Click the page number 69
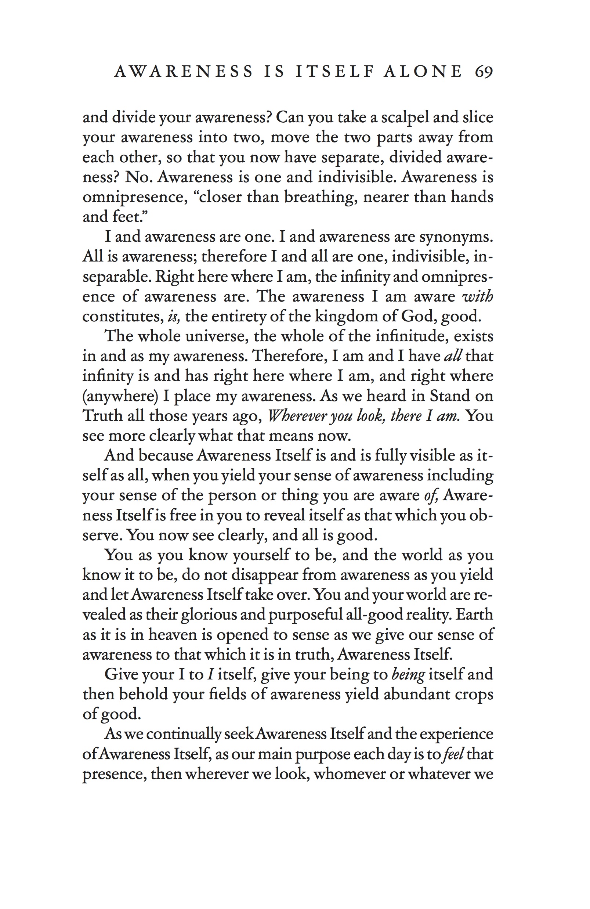click(x=484, y=71)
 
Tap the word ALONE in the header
click(x=423, y=71)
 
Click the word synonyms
click(x=456, y=237)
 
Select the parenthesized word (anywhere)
click(x=120, y=396)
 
